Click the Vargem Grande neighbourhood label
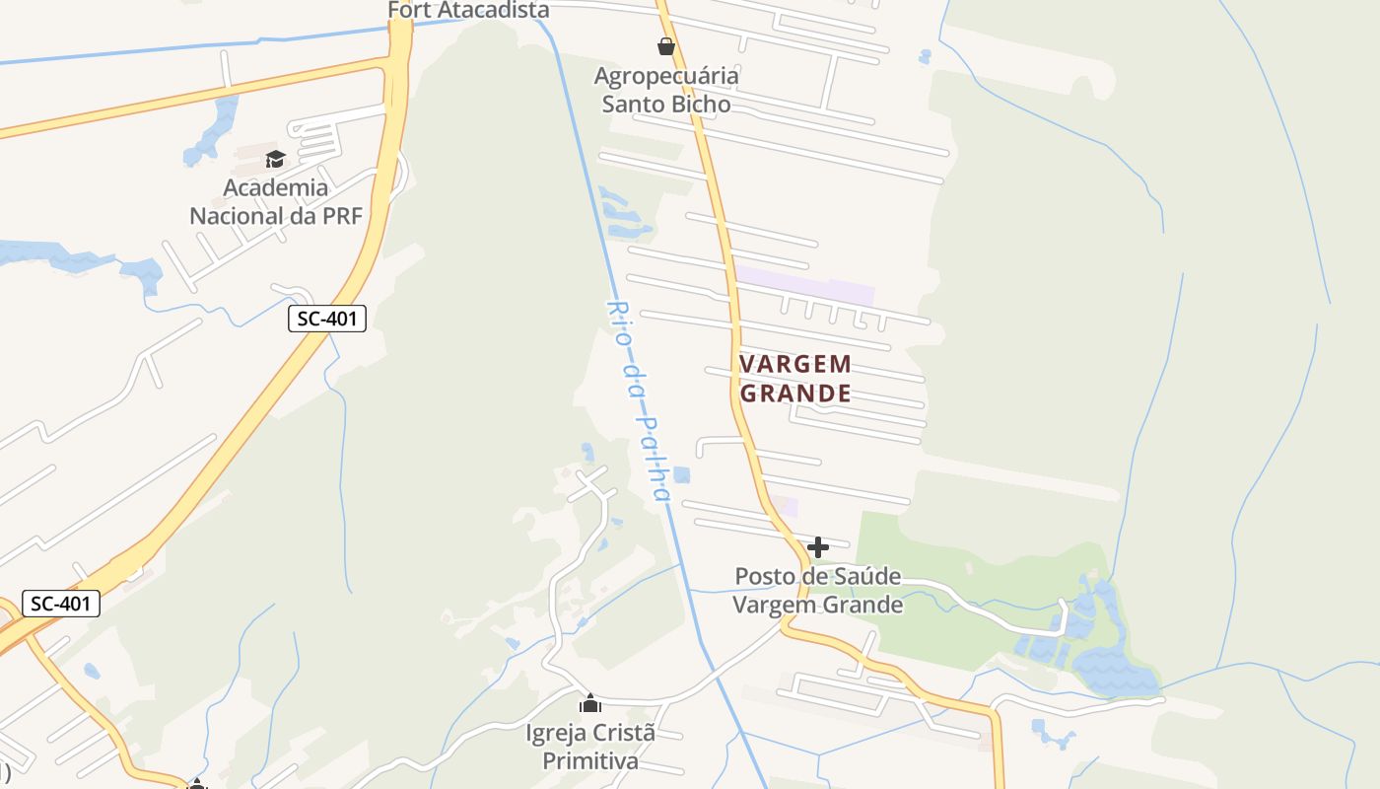click(794, 379)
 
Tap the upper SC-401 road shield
click(327, 319)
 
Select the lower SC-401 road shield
click(60, 604)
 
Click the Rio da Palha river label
click(639, 400)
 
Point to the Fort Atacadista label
click(468, 11)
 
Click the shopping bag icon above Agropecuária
click(666, 46)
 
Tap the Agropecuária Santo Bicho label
click(666, 90)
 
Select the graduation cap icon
click(275, 159)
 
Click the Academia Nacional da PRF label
click(275, 201)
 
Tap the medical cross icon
click(818, 547)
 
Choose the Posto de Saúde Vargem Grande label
click(818, 590)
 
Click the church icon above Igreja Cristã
click(590, 704)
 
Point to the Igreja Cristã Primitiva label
click(590, 748)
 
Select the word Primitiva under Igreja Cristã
click(590, 761)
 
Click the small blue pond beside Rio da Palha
click(681, 475)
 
